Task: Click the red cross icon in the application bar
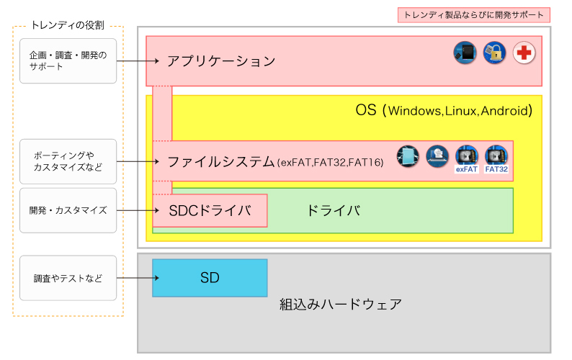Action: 524,53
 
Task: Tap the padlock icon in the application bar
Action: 494,53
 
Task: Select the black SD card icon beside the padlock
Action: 465,53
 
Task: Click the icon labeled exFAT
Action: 467,159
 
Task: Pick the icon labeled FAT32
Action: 496,159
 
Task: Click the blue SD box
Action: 210,278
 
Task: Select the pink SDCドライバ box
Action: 210,210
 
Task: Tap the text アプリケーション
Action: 221,61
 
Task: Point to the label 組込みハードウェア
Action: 341,304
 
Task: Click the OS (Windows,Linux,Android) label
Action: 444,110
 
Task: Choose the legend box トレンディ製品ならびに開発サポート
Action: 473,15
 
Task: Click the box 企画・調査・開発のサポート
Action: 68,61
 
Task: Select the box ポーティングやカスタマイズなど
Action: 68,161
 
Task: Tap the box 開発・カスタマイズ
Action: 68,210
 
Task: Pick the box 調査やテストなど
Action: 68,278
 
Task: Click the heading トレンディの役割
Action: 68,25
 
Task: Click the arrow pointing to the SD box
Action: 138,278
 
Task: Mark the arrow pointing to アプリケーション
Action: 138,61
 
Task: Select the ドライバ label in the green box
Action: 334,210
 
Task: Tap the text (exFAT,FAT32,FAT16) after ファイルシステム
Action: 331,162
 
